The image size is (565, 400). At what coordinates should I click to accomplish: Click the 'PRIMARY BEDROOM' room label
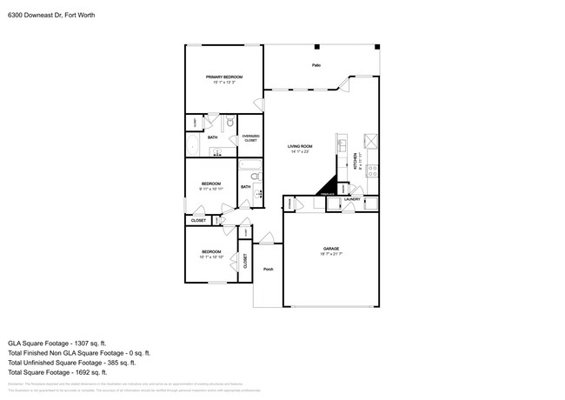click(x=223, y=77)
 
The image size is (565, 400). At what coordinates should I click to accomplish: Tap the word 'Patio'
click(x=316, y=66)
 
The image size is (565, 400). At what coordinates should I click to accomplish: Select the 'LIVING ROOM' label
click(x=300, y=146)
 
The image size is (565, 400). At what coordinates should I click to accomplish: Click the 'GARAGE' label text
click(x=330, y=249)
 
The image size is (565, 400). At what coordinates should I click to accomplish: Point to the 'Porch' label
click(x=269, y=269)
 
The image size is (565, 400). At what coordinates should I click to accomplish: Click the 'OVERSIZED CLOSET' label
click(x=250, y=137)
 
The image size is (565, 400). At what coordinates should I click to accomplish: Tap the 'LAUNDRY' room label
click(x=352, y=200)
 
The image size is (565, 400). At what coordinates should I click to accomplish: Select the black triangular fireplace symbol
click(x=327, y=185)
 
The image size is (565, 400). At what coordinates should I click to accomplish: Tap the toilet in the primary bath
click(x=230, y=123)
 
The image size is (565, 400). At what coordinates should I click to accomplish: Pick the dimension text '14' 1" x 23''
click(x=300, y=151)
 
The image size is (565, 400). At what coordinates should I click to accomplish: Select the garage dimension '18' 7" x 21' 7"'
click(x=330, y=254)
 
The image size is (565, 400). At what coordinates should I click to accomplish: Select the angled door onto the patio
click(x=339, y=85)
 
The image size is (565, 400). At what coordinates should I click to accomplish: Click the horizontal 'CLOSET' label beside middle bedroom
click(x=198, y=221)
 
